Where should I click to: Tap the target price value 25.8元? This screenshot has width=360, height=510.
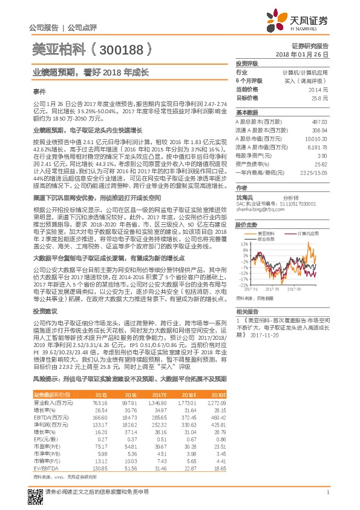click(321, 98)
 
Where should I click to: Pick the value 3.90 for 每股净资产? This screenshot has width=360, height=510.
click(322, 156)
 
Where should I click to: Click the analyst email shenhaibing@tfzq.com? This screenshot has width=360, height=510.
click(261, 209)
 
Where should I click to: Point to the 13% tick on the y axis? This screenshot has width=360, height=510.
click(244, 244)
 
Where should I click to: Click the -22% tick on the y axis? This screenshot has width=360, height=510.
click(243, 285)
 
